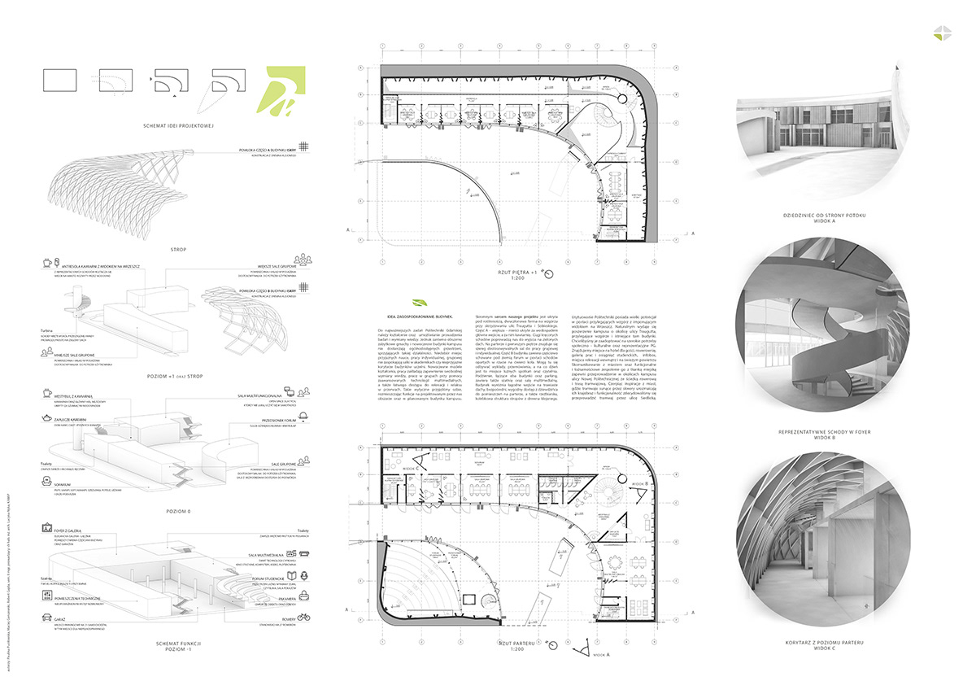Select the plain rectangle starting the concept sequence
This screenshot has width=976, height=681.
tap(58, 80)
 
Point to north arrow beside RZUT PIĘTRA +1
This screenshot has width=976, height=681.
tap(549, 273)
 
